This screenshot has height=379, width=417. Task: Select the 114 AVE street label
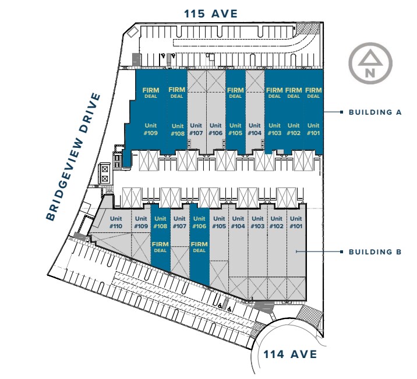point(290,354)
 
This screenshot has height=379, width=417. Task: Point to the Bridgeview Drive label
point(73,157)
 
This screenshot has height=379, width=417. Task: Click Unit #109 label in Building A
point(151,129)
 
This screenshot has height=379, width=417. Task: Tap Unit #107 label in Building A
point(196,129)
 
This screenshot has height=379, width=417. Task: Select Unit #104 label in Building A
point(255,129)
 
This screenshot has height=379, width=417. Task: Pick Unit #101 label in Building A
point(313,129)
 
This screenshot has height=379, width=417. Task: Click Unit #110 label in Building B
point(115,222)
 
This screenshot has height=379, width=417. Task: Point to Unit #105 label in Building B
point(218,222)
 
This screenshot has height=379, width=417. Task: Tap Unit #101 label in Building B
point(296,222)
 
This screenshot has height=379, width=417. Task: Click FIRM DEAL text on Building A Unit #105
point(235,93)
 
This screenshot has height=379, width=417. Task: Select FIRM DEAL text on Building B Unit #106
point(199,247)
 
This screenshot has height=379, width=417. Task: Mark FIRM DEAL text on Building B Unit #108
point(160,247)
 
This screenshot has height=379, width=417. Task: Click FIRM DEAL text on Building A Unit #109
point(151,93)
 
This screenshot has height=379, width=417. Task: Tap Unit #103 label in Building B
point(257,222)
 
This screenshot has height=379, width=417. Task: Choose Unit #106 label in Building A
point(215,129)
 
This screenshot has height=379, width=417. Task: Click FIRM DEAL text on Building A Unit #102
point(294,93)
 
